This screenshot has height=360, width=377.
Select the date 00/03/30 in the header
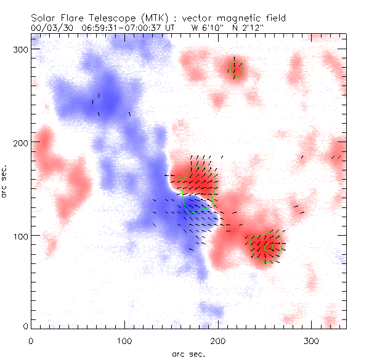pyautogui.click(x=50, y=28)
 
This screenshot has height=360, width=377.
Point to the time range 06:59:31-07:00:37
pyautogui.click(x=119, y=28)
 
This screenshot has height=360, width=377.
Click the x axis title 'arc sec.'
pyautogui.click(x=188, y=354)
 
